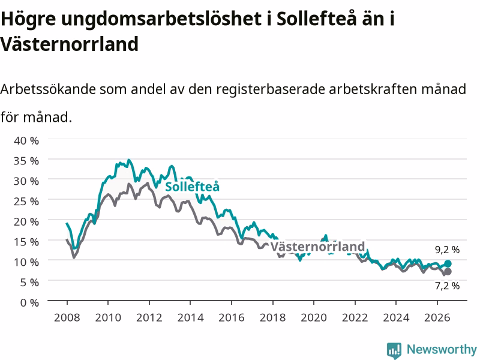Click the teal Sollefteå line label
192,187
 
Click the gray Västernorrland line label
318,247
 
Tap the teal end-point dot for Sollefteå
448,263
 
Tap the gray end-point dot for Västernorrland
448,272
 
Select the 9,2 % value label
447,250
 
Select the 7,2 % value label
447,286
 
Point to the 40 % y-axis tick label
26,140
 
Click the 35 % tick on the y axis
26,161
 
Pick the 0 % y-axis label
29,302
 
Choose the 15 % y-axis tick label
26,242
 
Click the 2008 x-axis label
67,317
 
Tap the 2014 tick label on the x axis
190,317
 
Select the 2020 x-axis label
314,317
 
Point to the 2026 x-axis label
437,317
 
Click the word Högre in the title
28,19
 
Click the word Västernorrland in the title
70,44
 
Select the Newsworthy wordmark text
442,349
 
